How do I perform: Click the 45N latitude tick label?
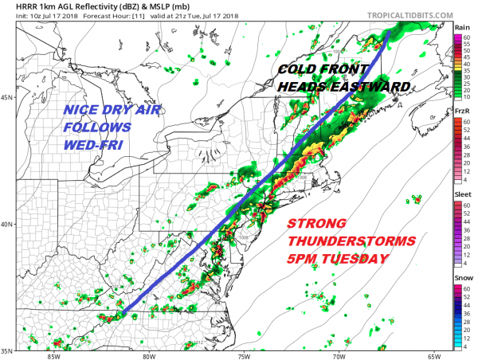tap(7, 98)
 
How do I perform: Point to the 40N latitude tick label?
tap(7, 224)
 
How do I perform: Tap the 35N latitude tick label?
tap(7, 350)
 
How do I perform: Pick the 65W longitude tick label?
tap(433, 354)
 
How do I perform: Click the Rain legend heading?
tap(460, 27)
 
